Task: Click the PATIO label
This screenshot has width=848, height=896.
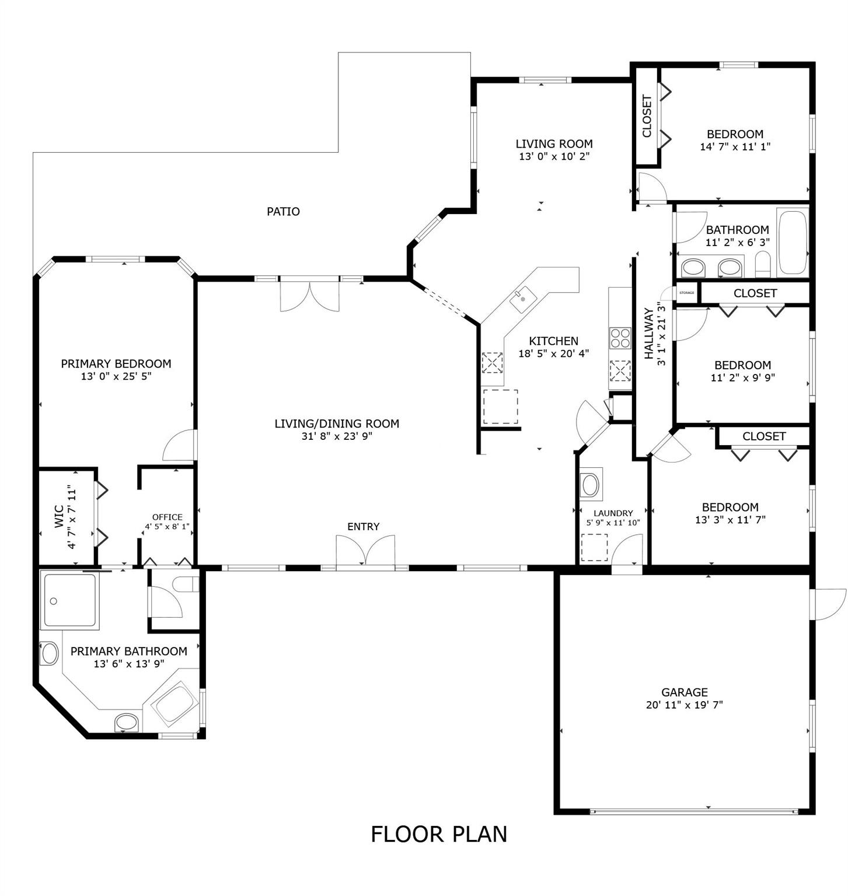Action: [x=283, y=211]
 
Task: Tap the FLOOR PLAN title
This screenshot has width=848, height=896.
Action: [x=439, y=834]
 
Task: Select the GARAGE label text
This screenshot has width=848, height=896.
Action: [x=685, y=692]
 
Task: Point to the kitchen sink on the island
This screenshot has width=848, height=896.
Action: [x=523, y=300]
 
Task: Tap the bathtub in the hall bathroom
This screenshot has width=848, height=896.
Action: [x=793, y=242]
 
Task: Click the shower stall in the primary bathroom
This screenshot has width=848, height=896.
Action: [x=69, y=600]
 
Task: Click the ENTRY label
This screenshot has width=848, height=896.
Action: [x=363, y=527]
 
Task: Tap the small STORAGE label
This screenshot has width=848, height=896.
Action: [x=686, y=293]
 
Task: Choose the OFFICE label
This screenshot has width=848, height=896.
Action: [x=167, y=517]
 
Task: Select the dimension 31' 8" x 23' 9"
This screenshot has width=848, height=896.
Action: [x=337, y=436]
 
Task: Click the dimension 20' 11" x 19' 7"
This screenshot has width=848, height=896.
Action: [x=685, y=705]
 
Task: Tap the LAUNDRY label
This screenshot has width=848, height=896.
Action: [x=613, y=513]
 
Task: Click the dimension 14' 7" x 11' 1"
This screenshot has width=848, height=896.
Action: [x=735, y=146]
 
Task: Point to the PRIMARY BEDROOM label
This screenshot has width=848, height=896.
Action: [x=116, y=364]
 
